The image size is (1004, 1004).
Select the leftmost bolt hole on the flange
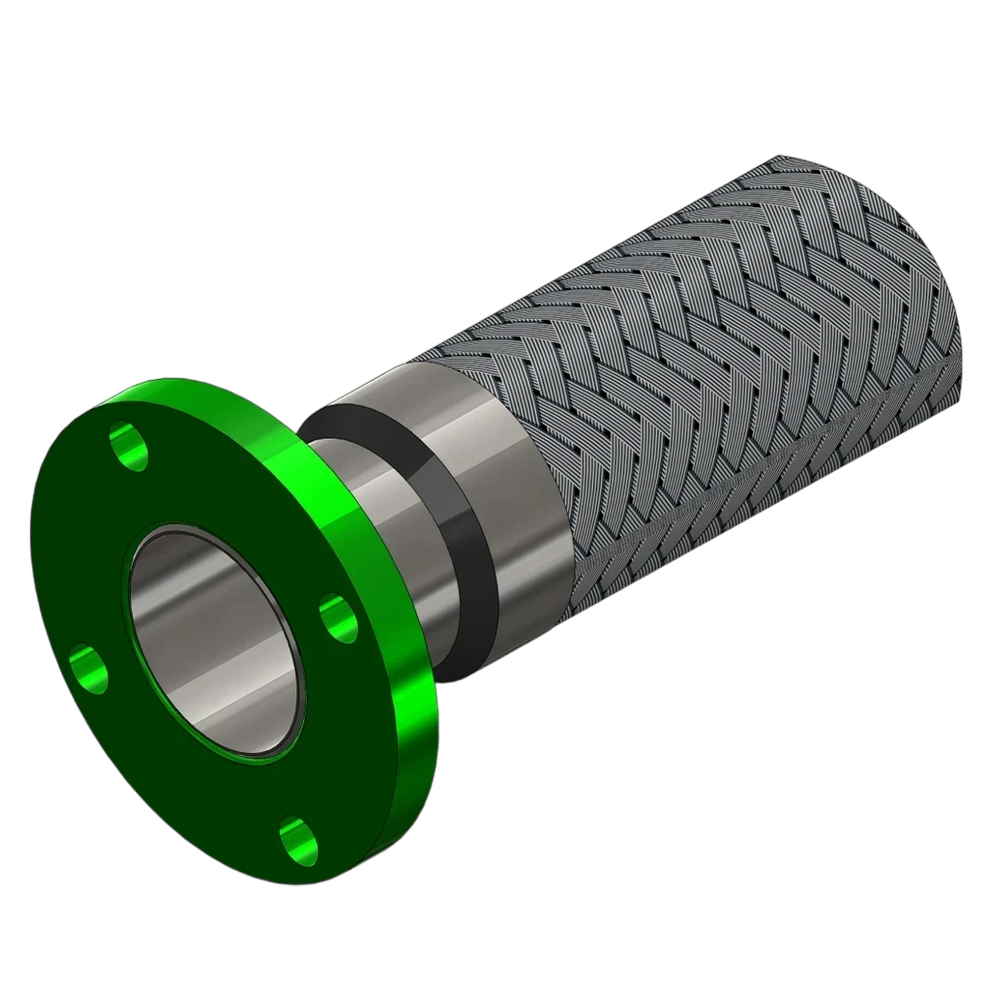pyautogui.click(x=88, y=667)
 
